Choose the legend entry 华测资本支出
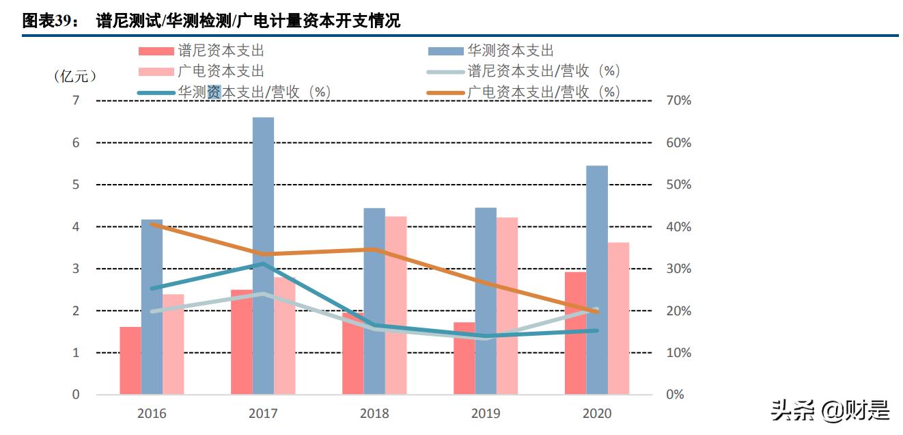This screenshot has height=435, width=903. (x=510, y=51)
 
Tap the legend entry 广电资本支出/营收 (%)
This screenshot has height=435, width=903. (x=543, y=92)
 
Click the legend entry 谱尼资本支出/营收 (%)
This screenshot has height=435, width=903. (x=543, y=71)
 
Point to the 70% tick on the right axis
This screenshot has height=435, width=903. (x=679, y=101)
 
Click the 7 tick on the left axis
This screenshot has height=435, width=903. (x=76, y=101)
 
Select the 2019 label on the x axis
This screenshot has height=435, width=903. (x=486, y=413)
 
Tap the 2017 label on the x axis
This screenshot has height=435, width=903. (x=263, y=413)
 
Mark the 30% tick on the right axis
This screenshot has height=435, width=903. (x=679, y=269)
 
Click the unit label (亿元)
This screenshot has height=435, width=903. (x=75, y=76)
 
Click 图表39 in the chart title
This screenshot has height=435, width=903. (x=46, y=21)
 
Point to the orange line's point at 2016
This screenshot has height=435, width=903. (x=152, y=224)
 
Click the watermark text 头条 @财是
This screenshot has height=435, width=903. (x=830, y=410)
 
